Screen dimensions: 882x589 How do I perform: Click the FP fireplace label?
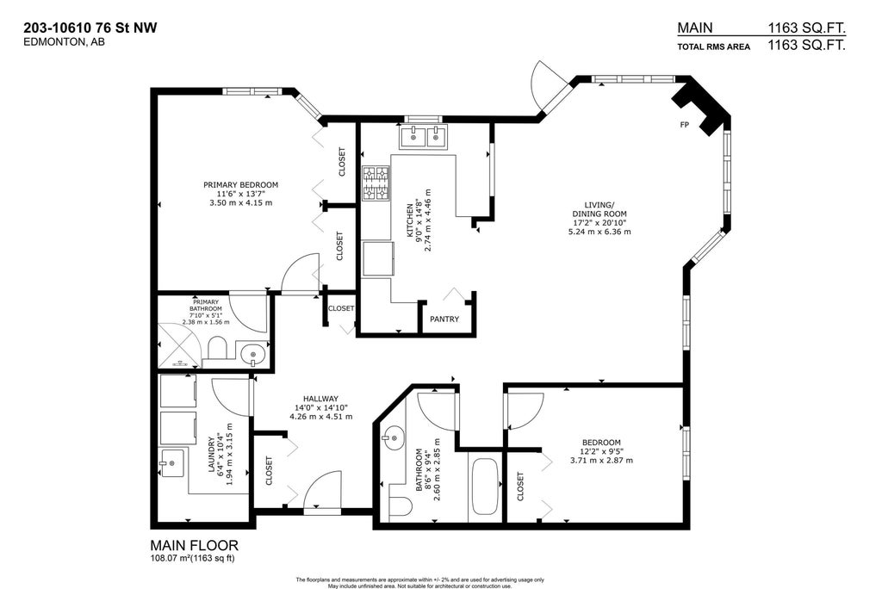point(685,125)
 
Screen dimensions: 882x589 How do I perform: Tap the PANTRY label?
point(444,319)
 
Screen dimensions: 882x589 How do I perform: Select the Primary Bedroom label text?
point(241,184)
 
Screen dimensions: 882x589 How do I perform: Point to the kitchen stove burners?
point(376,183)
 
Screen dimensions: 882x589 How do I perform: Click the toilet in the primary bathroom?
point(217,349)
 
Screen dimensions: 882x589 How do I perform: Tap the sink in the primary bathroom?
point(252,355)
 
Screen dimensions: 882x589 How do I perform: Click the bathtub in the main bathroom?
point(484,487)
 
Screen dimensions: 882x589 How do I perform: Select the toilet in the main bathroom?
point(400,505)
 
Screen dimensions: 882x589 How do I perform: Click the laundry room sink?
point(172,463)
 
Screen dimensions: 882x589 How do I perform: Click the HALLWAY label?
point(320,399)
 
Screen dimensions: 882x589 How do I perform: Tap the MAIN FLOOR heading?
point(194,545)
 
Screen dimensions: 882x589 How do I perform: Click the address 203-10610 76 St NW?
point(90,28)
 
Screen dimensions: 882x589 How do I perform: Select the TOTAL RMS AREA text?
point(714,46)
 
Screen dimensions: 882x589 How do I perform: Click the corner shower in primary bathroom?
point(178,345)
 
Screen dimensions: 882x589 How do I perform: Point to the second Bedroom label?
point(601,442)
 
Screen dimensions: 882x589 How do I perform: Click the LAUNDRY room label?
point(212,455)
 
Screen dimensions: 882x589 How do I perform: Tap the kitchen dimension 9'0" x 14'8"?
point(419,220)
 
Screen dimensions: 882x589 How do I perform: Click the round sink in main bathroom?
point(394,437)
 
